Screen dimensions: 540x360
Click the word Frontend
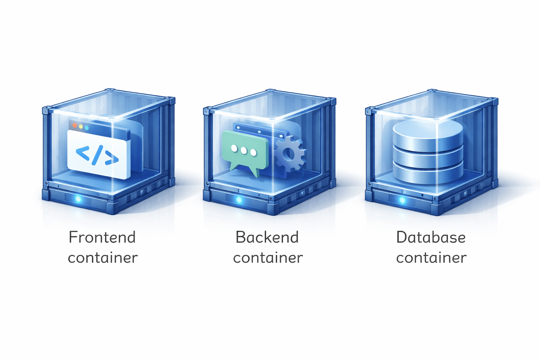(102, 237)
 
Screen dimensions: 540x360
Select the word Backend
(267, 237)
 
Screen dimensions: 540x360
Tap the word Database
(431, 237)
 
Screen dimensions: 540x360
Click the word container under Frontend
(103, 258)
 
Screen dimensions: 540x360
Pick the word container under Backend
(268, 258)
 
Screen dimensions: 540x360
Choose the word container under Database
(431, 258)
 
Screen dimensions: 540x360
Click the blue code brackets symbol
(97, 155)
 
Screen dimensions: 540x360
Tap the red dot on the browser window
(75, 126)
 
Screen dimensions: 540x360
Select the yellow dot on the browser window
(81, 127)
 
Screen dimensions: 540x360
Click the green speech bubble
(245, 148)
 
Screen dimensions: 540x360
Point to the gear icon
(289, 154)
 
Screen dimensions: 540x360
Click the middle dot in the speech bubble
(244, 150)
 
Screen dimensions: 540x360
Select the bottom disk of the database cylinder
(428, 174)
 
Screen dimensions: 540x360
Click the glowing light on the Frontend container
(78, 199)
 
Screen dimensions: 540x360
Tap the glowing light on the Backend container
(239, 200)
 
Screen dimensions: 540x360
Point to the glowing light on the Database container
(402, 200)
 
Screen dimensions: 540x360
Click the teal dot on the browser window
(87, 128)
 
